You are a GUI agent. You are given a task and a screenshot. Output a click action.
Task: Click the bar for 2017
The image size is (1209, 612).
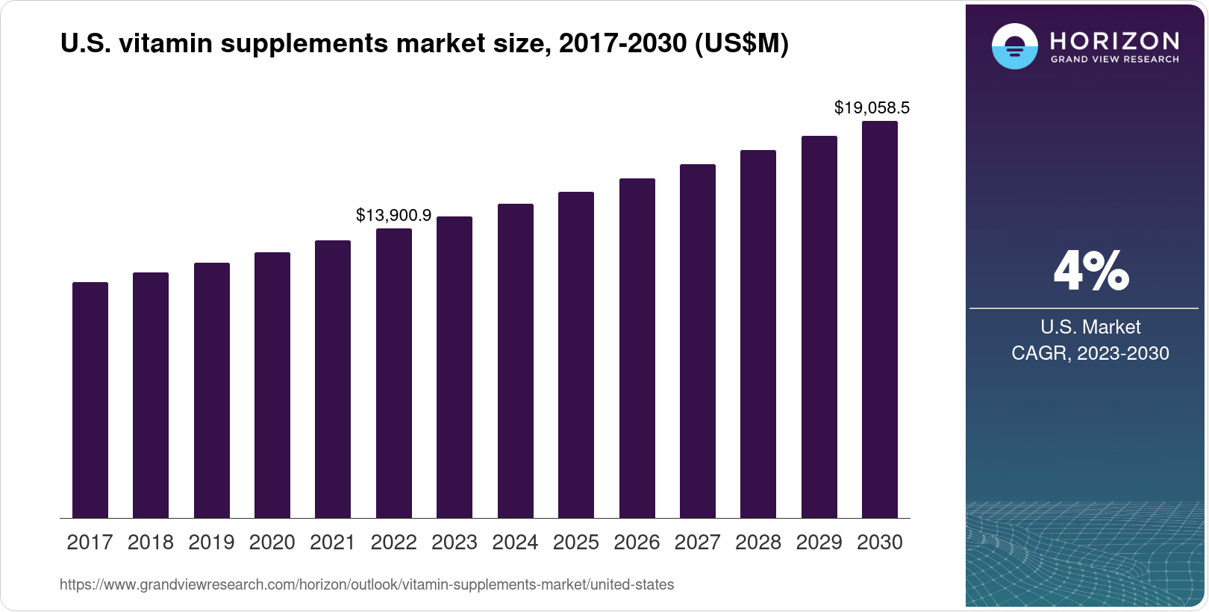coord(90,400)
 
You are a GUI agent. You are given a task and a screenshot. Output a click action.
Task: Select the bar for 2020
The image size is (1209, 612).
coord(272,385)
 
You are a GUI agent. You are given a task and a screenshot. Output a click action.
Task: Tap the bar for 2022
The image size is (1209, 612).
coord(394,373)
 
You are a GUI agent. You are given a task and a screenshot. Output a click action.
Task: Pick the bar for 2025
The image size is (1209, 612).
coord(576,355)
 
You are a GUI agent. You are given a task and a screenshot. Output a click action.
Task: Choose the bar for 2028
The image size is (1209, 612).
coord(758,334)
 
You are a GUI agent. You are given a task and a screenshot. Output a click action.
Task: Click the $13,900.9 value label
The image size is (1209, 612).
coord(393,216)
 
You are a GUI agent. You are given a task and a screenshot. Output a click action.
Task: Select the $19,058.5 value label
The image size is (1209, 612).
coord(872,108)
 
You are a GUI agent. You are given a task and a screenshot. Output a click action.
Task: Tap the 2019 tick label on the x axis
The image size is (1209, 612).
coord(211,543)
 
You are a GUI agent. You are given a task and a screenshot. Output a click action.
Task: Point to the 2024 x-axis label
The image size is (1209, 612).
coord(515,543)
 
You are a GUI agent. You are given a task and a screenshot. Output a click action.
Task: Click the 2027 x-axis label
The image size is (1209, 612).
coord(697,543)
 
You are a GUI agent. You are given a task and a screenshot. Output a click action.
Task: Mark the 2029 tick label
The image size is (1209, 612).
coord(819,543)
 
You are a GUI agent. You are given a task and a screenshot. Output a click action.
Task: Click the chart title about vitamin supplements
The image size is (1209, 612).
coord(424,44)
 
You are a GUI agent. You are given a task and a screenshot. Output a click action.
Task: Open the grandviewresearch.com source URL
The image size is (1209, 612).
coord(366,585)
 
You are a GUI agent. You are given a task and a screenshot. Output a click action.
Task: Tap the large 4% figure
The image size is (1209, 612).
coord(1091,271)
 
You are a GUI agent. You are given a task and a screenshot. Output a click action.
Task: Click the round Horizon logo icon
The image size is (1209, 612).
coord(1014,46)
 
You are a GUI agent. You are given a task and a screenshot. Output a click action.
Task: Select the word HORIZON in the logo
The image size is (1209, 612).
coord(1115,40)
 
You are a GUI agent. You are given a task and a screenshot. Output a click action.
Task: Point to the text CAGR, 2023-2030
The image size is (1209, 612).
coord(1090,353)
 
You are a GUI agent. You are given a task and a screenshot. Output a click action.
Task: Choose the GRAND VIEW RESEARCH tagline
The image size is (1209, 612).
coord(1115,60)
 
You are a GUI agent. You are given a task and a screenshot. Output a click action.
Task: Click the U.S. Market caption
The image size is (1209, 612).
coord(1090,327)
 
